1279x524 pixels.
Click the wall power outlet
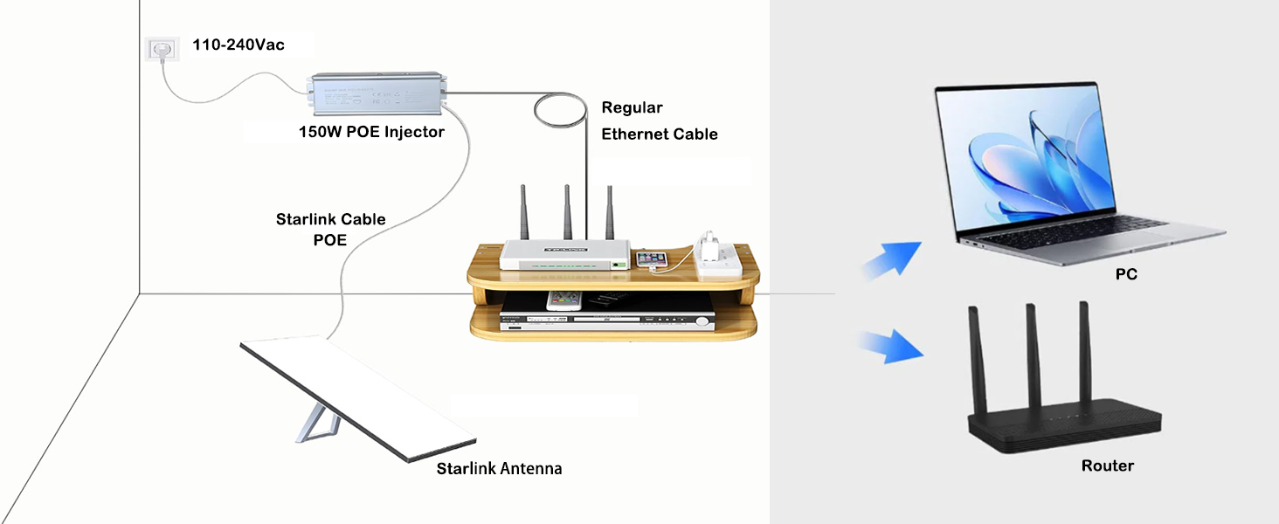(x=161, y=50)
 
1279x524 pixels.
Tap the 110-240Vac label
(x=239, y=45)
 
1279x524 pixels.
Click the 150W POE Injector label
(x=371, y=133)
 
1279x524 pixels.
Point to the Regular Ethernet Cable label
(x=659, y=121)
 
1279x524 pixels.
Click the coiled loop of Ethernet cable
(x=560, y=113)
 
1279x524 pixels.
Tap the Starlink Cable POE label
(x=330, y=229)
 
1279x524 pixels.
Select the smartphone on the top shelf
(x=652, y=259)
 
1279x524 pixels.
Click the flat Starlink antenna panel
(x=363, y=398)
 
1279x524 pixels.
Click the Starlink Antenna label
(x=499, y=469)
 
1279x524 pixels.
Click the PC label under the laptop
(x=1126, y=274)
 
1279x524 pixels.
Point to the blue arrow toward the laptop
(x=891, y=259)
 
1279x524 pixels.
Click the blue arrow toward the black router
(x=890, y=347)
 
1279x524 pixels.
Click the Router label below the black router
(x=1107, y=465)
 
